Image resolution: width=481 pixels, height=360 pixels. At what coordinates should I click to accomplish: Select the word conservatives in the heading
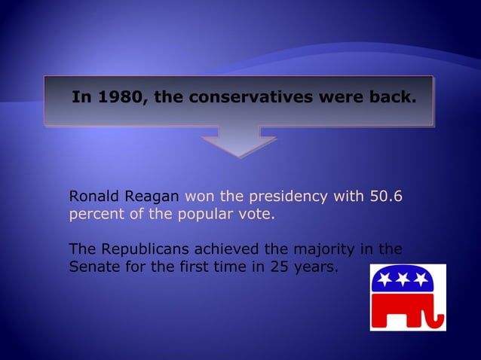[x=248, y=98]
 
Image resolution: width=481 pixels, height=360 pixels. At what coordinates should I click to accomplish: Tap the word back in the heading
[x=391, y=98]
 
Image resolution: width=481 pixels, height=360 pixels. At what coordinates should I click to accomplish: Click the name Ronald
[x=90, y=197]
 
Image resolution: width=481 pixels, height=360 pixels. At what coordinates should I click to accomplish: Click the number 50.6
[x=386, y=197]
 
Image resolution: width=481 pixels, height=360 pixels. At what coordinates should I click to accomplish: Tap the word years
[x=314, y=265]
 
